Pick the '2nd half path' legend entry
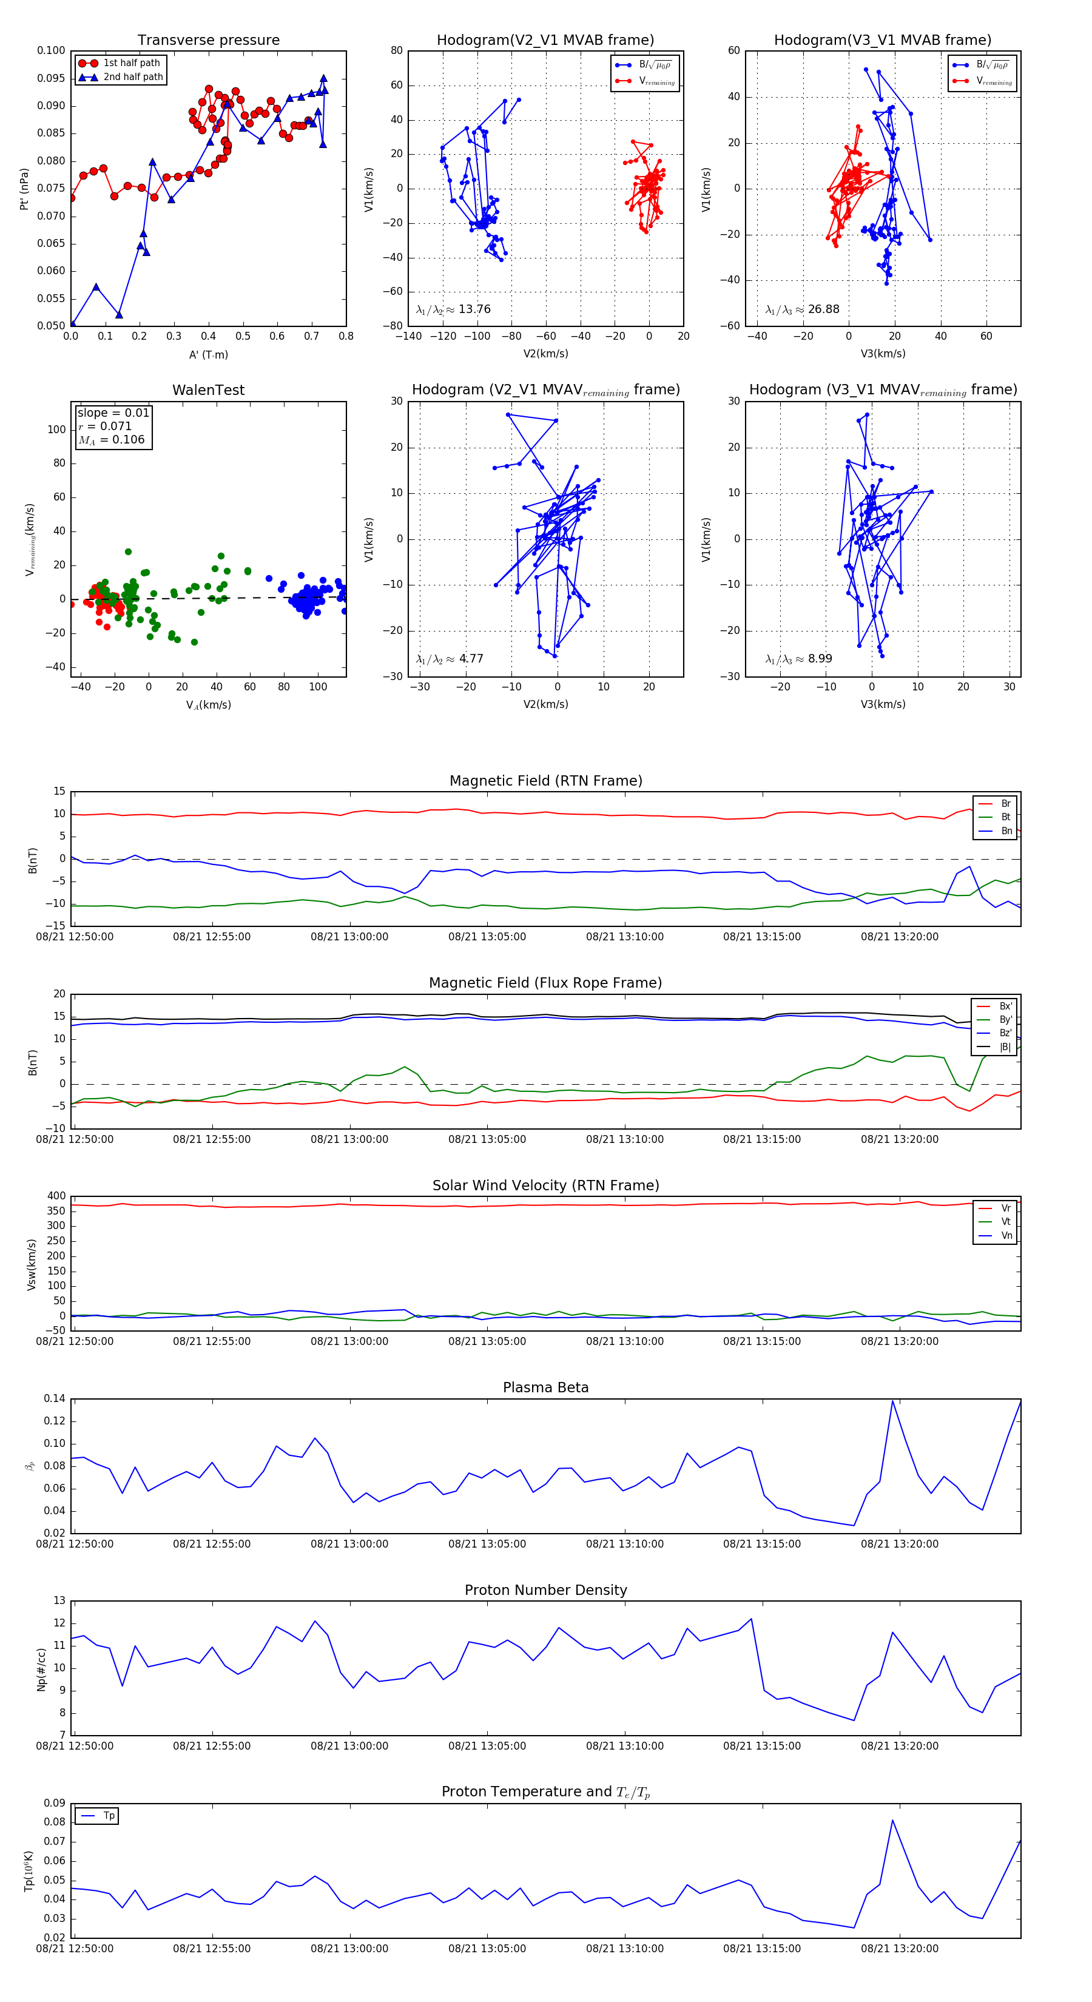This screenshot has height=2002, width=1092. [x=133, y=77]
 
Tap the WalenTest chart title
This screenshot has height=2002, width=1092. [x=208, y=390]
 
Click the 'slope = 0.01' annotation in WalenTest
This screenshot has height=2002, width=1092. [x=113, y=413]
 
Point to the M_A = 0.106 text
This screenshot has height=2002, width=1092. [x=111, y=440]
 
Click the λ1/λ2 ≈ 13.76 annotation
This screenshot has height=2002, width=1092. [x=453, y=309]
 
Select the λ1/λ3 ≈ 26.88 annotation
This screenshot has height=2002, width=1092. [x=802, y=309]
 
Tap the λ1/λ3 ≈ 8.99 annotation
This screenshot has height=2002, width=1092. [x=798, y=659]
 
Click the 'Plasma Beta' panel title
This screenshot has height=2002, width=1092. [x=545, y=1388]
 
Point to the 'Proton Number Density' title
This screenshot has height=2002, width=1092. [x=545, y=1590]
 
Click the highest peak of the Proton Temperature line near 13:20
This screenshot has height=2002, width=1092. [x=892, y=1820]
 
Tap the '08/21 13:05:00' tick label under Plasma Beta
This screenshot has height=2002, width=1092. [x=487, y=1543]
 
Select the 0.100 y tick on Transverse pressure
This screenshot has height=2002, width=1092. [x=52, y=52]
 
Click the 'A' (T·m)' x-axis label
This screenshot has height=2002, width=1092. [x=208, y=354]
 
